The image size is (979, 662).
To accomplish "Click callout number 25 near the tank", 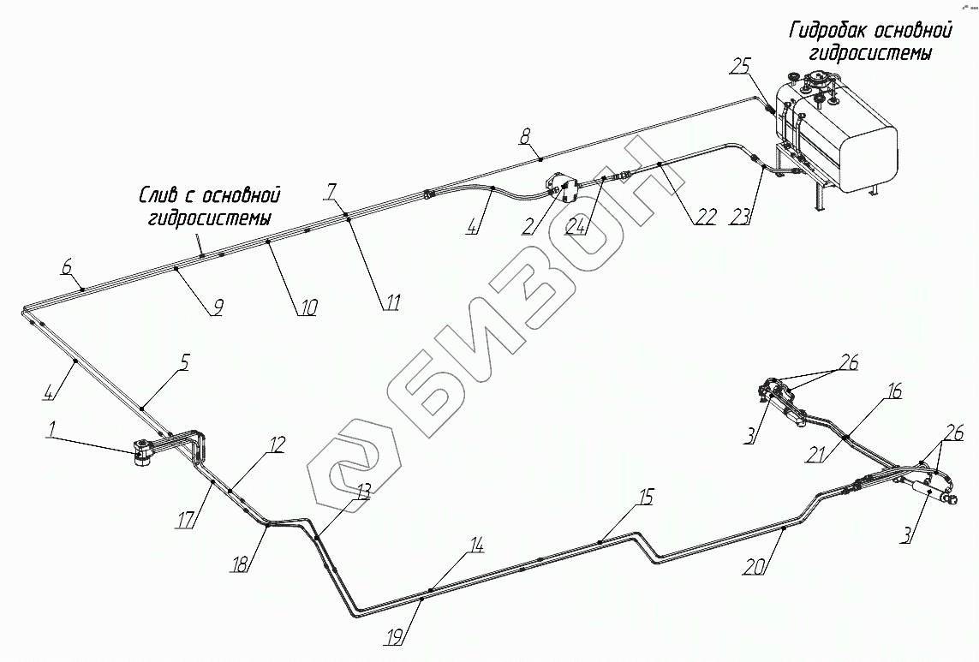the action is [741, 66].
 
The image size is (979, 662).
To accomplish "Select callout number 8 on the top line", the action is [525, 134].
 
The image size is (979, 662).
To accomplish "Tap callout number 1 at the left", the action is [52, 436].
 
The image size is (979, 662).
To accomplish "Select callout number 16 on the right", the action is [893, 392].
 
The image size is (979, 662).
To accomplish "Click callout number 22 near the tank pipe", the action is [704, 217].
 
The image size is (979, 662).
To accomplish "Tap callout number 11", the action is [392, 301].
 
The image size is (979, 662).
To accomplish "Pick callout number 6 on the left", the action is [66, 267].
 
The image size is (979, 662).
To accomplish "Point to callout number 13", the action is [364, 491].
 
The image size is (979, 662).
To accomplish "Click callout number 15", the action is [645, 496].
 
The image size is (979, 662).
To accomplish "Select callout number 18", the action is [241, 564].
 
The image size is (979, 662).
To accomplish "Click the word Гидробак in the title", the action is [828, 33].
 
